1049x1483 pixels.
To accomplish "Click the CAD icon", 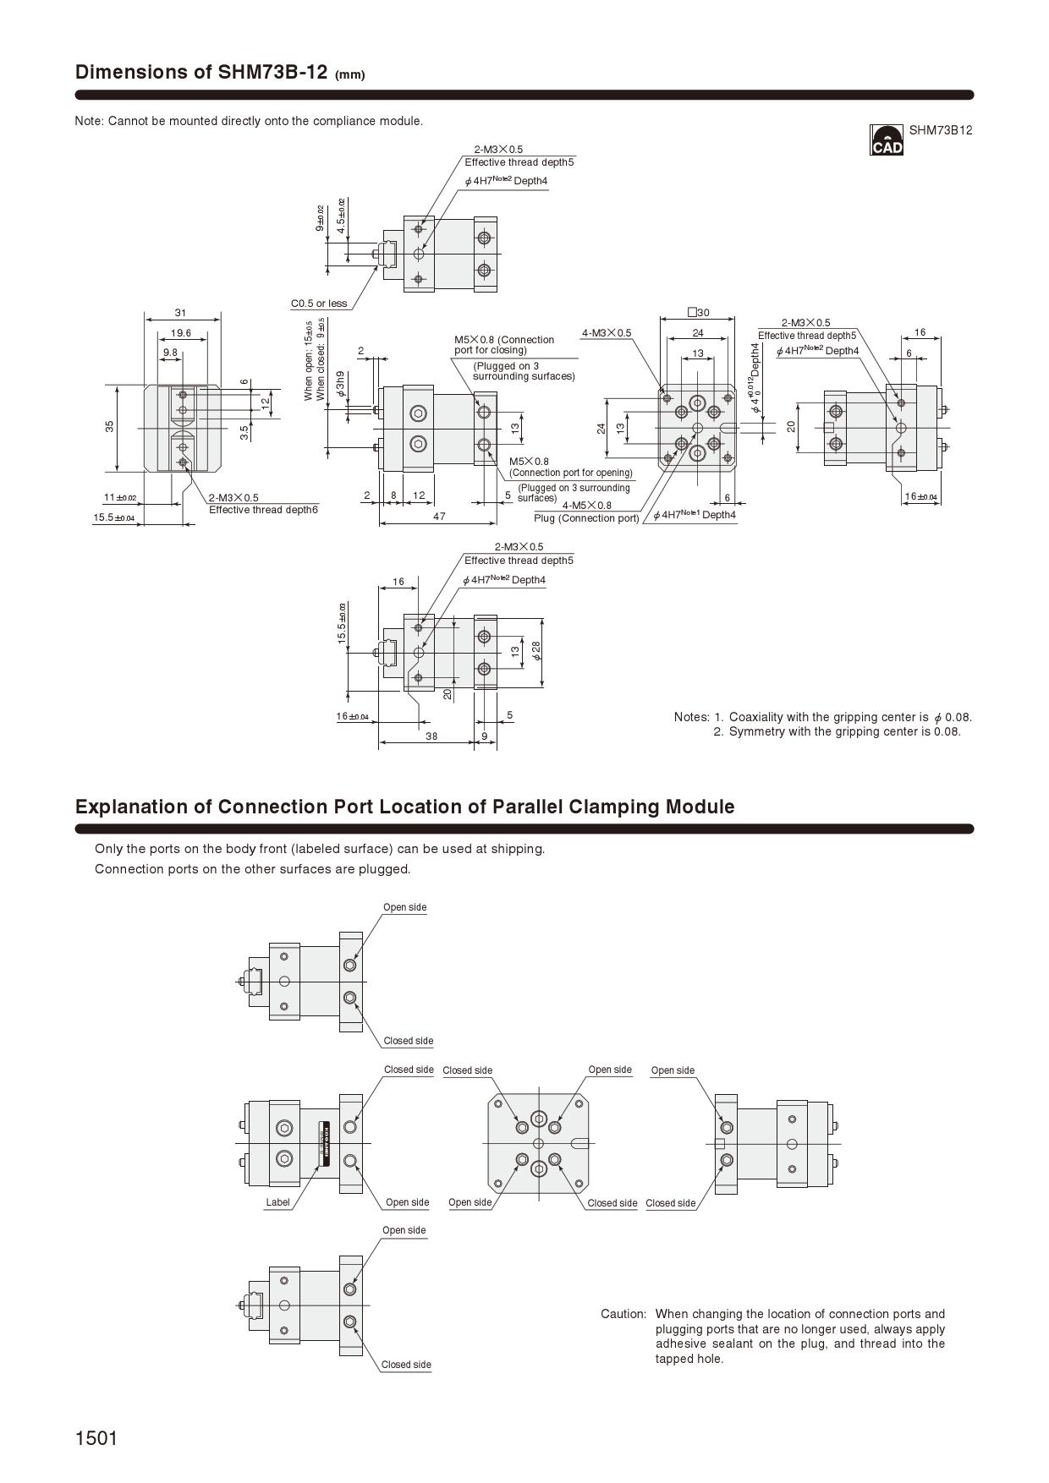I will click(x=887, y=140).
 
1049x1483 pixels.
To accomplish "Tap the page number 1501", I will click(x=96, y=1437).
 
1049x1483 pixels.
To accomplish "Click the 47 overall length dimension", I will click(x=439, y=516).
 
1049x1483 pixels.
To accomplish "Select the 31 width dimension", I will click(x=180, y=313).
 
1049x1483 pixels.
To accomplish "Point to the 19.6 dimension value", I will click(x=180, y=333).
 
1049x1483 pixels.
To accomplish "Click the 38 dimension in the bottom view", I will click(x=431, y=736).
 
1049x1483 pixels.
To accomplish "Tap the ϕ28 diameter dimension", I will click(x=535, y=651).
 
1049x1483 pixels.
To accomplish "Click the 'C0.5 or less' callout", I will click(x=319, y=304).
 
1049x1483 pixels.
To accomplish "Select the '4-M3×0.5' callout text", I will click(x=607, y=333).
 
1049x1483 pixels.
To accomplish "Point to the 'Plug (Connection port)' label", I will click(x=586, y=518).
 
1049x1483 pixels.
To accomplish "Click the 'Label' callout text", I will click(x=277, y=1202).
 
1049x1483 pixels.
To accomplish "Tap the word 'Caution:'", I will click(x=623, y=1314).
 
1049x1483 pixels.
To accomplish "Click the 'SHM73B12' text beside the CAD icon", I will click(x=941, y=130).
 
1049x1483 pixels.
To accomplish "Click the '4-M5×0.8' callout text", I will click(x=586, y=506).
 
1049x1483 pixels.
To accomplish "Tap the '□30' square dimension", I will click(x=699, y=313).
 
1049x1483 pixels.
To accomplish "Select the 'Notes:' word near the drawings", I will click(x=691, y=717).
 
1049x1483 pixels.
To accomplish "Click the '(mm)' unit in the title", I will click(x=349, y=74).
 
